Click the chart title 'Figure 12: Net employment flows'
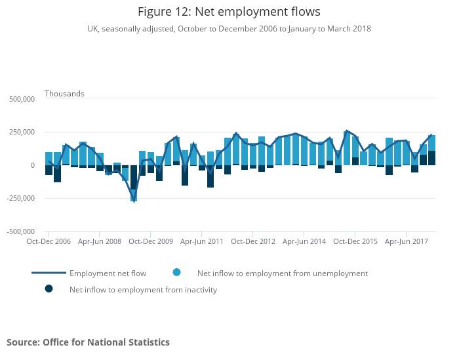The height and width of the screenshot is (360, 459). click(x=229, y=12)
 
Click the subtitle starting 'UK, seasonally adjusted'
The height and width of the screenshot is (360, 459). click(x=229, y=29)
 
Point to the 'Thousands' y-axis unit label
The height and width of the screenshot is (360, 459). click(x=64, y=94)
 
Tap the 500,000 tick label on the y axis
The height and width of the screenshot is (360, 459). click(x=21, y=100)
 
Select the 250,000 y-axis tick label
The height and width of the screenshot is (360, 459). click(x=21, y=132)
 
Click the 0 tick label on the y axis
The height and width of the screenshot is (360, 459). click(x=31, y=165)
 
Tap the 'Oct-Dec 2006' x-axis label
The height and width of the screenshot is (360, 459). click(x=48, y=241)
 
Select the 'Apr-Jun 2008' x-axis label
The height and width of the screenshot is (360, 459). click(x=99, y=241)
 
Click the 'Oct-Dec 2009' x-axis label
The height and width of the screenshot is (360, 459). click(x=150, y=241)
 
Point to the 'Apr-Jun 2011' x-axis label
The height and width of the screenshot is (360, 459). click(x=201, y=241)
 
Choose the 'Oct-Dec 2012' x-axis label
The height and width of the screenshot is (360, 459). click(x=252, y=241)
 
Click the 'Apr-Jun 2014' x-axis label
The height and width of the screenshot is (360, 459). click(x=304, y=241)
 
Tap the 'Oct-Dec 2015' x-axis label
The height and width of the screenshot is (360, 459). click(x=355, y=241)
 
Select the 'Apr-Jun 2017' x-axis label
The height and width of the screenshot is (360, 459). click(x=406, y=241)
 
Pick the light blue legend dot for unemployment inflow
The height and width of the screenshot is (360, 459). click(x=177, y=272)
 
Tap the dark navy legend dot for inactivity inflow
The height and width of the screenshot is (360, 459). click(x=49, y=289)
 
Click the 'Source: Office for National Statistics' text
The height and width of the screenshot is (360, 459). click(x=88, y=342)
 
